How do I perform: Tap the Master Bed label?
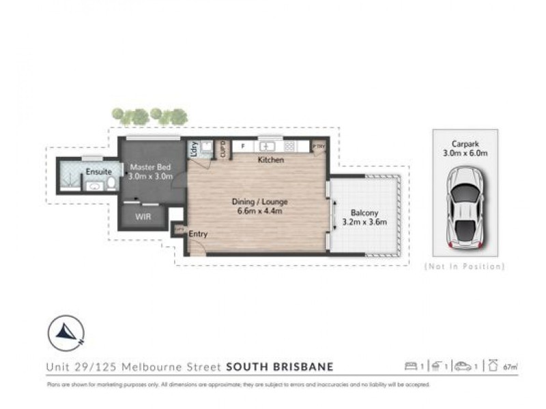tap(150, 166)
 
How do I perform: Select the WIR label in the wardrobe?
tap(143, 217)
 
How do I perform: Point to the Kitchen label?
tap(270, 160)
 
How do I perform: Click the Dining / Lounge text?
tap(259, 202)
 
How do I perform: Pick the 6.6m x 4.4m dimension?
tap(259, 211)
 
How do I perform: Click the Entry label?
tap(198, 234)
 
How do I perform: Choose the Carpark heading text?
tap(464, 143)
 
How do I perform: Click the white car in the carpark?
tap(464, 208)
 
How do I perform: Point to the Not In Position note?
tap(464, 267)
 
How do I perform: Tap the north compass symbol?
tap(66, 333)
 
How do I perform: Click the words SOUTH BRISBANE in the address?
tap(279, 367)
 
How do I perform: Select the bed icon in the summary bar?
tap(411, 367)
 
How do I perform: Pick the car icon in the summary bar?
tap(464, 367)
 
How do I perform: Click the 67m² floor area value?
tap(508, 367)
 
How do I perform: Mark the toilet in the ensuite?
tap(111, 185)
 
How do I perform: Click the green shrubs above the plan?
tap(149, 116)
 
